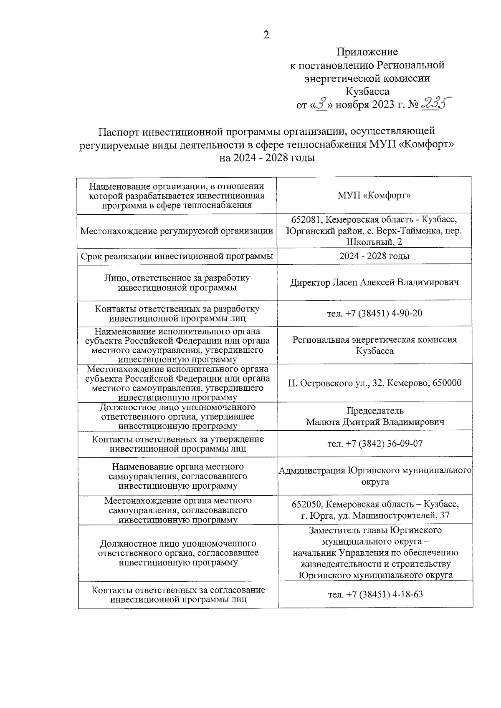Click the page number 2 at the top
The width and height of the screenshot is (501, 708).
click(x=266, y=35)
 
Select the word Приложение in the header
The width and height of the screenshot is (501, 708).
click(x=367, y=52)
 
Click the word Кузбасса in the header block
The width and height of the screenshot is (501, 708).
click(x=367, y=91)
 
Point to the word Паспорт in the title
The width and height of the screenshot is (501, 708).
click(x=119, y=131)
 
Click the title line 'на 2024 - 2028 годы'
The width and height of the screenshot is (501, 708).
click(x=267, y=158)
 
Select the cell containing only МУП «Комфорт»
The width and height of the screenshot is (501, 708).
click(x=374, y=196)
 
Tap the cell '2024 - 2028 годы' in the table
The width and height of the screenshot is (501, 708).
click(x=374, y=256)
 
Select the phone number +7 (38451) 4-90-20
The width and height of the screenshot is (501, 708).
click(x=384, y=313)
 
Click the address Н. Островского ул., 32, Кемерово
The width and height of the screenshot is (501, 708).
click(x=374, y=383)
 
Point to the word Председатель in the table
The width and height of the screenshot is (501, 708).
click(x=375, y=411)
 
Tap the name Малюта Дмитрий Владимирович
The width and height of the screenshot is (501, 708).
click(x=375, y=422)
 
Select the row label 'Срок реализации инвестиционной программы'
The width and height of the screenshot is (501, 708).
click(x=177, y=256)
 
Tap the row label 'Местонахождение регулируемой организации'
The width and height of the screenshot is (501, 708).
click(x=177, y=231)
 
